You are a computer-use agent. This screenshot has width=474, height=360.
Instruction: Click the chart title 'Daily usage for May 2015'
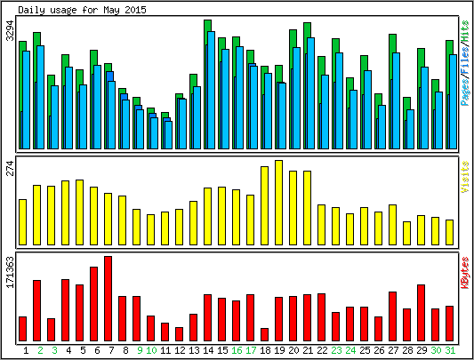(82, 10)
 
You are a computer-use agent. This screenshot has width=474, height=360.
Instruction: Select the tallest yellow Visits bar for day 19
(278, 203)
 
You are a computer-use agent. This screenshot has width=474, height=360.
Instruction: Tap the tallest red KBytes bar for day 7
(108, 299)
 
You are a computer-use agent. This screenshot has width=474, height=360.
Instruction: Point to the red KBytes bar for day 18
(264, 334)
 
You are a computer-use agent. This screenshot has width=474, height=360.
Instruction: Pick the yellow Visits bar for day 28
(407, 233)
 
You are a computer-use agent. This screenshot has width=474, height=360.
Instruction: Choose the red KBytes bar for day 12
(180, 334)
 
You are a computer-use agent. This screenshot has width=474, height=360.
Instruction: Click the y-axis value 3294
(11, 30)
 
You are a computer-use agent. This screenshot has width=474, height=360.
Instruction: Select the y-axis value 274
(11, 168)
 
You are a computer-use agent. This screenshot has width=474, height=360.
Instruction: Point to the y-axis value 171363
(11, 272)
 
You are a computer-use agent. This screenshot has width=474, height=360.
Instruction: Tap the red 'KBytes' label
(465, 273)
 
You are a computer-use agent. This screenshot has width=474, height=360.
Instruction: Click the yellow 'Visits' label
(465, 177)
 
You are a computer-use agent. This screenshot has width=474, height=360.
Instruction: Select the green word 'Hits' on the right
(465, 31)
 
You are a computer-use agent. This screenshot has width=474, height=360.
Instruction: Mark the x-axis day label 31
(450, 350)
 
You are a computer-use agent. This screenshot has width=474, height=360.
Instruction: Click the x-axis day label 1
(26, 350)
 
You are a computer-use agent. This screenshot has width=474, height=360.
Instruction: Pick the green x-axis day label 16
(237, 350)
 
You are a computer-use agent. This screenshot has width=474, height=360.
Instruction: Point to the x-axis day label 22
(322, 350)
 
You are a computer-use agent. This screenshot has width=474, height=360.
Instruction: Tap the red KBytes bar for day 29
(422, 313)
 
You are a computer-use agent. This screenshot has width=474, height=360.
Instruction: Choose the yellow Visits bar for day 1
(22, 222)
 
